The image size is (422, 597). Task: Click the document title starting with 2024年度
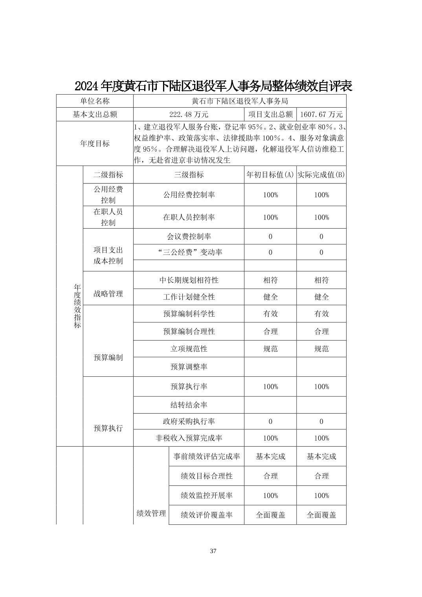point(213,86)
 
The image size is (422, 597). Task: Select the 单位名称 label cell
point(95,101)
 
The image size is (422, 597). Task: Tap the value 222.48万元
point(189,114)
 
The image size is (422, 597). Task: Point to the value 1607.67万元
point(321,114)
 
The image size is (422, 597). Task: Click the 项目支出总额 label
point(270,114)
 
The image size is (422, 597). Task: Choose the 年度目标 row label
point(95,143)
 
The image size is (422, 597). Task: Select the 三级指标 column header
point(189,175)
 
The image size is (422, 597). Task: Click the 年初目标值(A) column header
point(270,175)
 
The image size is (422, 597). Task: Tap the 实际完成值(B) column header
point(321,175)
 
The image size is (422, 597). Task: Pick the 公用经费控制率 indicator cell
point(189,195)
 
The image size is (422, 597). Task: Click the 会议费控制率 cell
point(189,236)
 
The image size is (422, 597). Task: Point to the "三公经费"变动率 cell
point(189,252)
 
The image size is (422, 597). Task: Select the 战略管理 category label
point(108,294)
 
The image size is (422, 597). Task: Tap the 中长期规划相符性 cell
point(189,280)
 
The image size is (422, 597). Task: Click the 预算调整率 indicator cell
point(189,367)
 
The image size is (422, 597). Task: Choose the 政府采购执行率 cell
point(189,421)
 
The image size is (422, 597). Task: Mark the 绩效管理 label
point(151,513)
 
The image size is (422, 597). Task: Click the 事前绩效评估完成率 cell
point(207,456)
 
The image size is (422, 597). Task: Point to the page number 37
point(213,551)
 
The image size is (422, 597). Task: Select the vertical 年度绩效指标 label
point(77,306)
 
